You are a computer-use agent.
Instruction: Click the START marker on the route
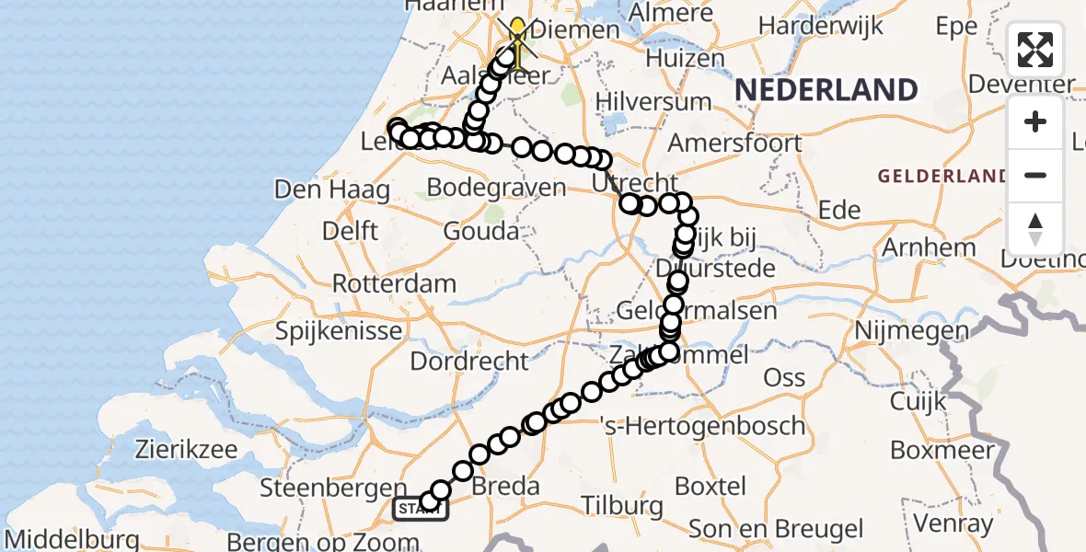(421, 508)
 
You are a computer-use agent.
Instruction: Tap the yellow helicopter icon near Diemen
(518, 42)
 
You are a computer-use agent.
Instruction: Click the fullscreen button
(1035, 50)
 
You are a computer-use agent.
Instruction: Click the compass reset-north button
(1035, 229)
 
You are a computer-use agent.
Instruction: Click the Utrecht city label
(635, 182)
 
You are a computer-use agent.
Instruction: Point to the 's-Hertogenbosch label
(702, 426)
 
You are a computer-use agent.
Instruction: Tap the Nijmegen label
(912, 330)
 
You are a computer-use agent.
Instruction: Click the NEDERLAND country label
(826, 90)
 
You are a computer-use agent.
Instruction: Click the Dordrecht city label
(469, 361)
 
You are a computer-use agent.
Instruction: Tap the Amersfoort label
(734, 144)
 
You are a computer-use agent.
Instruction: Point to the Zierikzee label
(185, 451)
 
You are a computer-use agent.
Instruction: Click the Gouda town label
(480, 231)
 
